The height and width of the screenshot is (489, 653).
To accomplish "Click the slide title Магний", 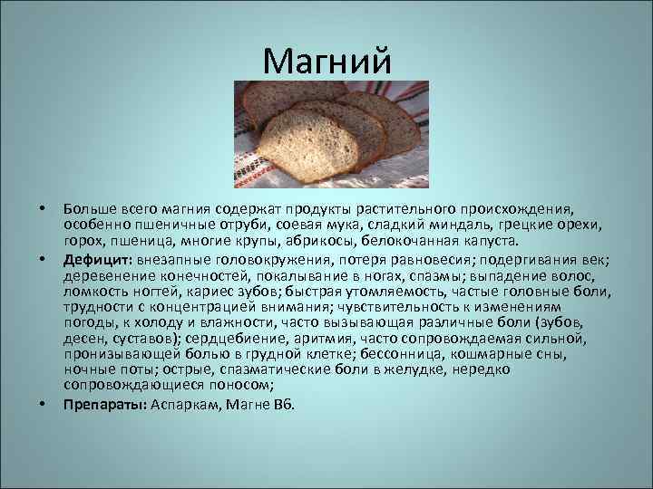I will coord(326,62).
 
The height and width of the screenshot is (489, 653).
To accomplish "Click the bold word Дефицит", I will coord(95,260).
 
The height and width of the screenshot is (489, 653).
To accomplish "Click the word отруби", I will coord(228,227).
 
